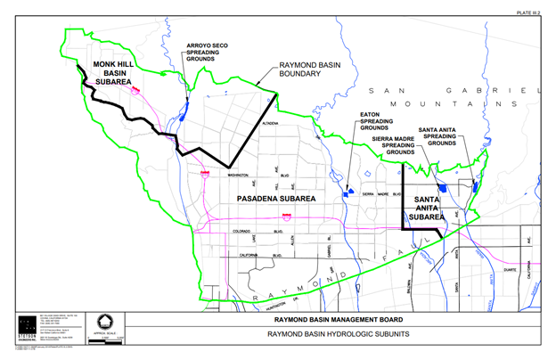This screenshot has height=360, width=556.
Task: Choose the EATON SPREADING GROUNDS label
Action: click(375, 120)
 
